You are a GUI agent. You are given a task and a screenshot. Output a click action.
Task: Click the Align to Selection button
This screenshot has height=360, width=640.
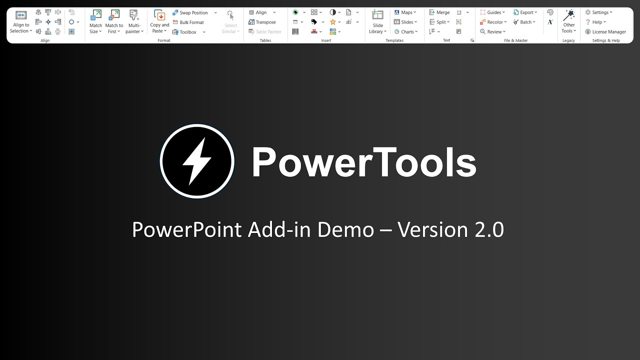coord(20,22)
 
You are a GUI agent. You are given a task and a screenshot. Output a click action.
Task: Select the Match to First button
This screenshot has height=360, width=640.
coord(114,22)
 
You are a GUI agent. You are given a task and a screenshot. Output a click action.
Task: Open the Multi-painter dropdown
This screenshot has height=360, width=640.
coord(134,22)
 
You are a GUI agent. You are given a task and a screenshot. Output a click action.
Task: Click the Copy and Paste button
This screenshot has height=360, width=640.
coord(159,22)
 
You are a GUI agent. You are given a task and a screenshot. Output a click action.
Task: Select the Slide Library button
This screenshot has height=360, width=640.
coord(377,22)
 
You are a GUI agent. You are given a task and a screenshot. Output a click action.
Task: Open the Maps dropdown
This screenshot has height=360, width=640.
coord(405,12)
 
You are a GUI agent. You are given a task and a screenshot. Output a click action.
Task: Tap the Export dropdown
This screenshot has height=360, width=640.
coord(525,12)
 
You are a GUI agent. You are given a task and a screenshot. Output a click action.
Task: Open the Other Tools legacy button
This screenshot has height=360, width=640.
coord(568,22)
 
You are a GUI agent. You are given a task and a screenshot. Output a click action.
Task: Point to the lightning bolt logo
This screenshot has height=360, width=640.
coord(197,161)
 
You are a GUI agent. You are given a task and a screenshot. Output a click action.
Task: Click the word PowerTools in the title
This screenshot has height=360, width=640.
coord(363,162)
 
